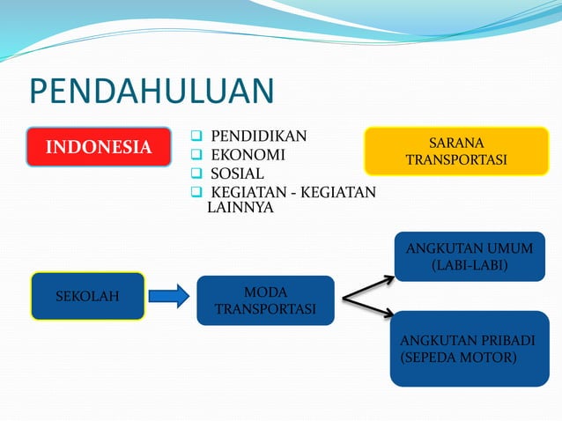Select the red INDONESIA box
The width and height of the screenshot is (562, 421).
click(99, 147)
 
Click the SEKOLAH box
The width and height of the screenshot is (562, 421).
click(87, 296)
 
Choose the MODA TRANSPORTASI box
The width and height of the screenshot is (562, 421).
click(265, 300)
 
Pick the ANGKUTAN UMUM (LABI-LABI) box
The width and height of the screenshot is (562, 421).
click(469, 256)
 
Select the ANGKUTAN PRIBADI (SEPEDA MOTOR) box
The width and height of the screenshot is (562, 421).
click(469, 349)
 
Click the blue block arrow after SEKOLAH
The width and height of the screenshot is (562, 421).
click(169, 296)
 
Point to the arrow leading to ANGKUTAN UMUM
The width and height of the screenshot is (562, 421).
click(368, 288)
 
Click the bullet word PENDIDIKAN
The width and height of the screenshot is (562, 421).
click(258, 136)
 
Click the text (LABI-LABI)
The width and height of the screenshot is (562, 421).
click(469, 265)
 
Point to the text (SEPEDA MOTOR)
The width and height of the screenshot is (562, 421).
click(458, 358)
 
